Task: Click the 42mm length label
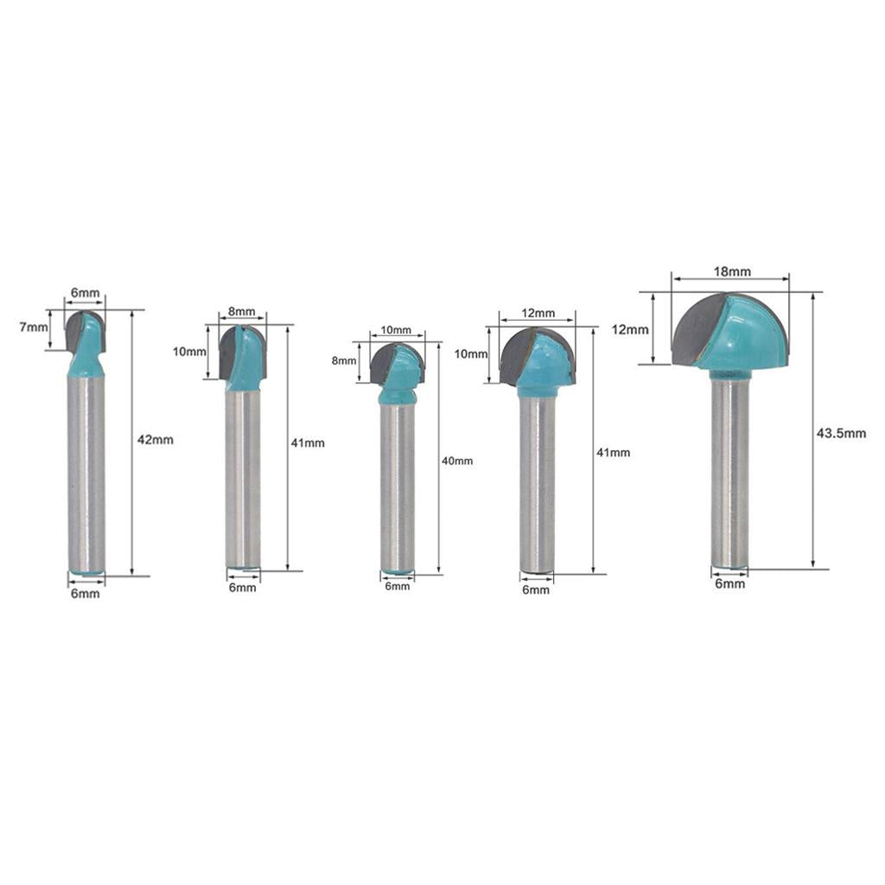[156, 440]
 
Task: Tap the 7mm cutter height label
[34, 326]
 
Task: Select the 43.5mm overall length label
[841, 434]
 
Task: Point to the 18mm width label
[732, 271]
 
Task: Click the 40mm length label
[457, 462]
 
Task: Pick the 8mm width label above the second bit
[242, 311]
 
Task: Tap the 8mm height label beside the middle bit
[344, 360]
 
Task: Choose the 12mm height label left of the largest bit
[630, 329]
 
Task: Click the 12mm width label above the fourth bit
[538, 313]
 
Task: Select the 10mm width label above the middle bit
[396, 329]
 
